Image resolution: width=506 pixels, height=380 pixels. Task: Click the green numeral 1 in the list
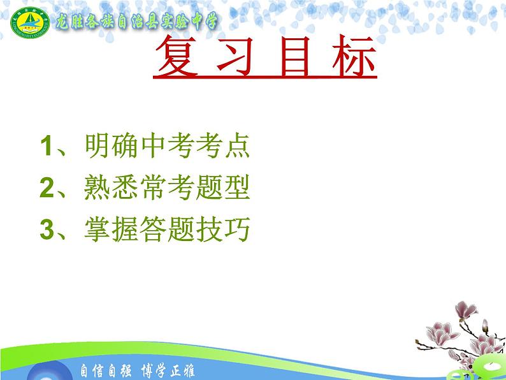point(45,147)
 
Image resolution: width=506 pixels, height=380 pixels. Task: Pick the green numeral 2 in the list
point(45,188)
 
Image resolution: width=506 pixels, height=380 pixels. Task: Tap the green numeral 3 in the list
point(45,230)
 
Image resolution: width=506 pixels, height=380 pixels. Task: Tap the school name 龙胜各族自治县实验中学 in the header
point(136,20)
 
